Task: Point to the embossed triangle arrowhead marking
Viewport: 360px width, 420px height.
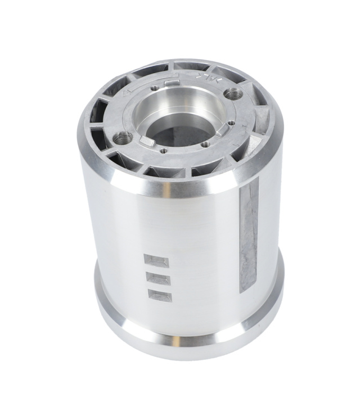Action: [x=127, y=89]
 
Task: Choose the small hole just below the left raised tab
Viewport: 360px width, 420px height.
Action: [x=163, y=150]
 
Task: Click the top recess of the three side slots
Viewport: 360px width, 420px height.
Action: [x=156, y=261]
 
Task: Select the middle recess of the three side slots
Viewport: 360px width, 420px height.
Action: [x=157, y=278]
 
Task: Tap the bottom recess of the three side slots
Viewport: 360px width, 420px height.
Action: [x=159, y=293]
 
